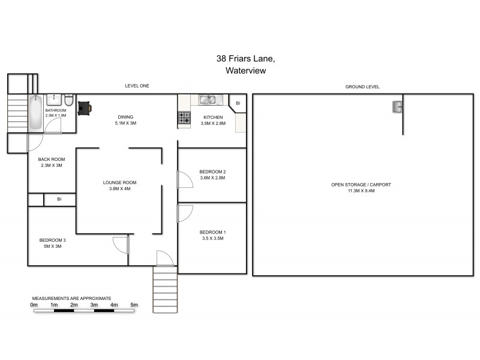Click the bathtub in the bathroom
(x=35, y=113)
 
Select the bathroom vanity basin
(x=53, y=100)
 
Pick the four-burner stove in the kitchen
(x=184, y=119)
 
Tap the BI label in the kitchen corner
(x=238, y=103)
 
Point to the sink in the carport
(x=397, y=107)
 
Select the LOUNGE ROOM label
(x=120, y=182)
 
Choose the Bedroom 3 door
(x=122, y=245)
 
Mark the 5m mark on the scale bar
(x=134, y=305)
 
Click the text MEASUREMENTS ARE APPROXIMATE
(x=71, y=298)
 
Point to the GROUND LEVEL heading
(x=362, y=86)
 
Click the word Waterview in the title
(x=245, y=70)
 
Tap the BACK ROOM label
(x=51, y=159)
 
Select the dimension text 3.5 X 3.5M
(x=212, y=238)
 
